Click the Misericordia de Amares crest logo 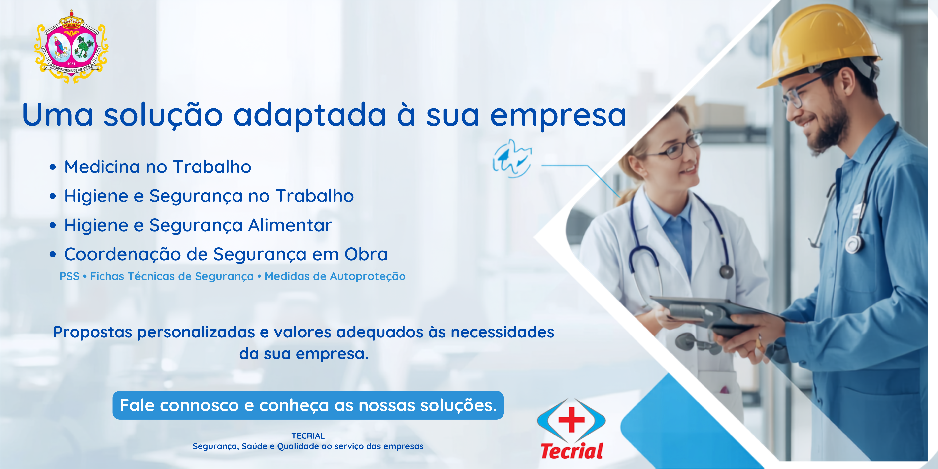click(x=71, y=47)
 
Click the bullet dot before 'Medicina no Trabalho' click(x=53, y=167)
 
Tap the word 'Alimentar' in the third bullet click(x=290, y=225)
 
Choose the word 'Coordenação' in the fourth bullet click(x=122, y=255)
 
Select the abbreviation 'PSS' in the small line click(x=69, y=276)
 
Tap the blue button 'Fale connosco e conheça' click(x=308, y=405)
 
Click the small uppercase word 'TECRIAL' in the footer click(x=308, y=436)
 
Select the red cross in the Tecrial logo click(x=571, y=419)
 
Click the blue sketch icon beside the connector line click(x=512, y=159)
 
